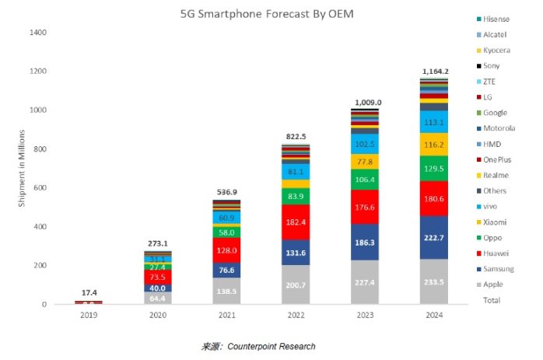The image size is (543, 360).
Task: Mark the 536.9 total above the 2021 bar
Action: click(226, 192)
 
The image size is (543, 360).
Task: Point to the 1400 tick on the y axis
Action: click(38, 33)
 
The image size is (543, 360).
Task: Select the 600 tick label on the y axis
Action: click(40, 188)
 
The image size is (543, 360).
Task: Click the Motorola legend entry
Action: click(500, 128)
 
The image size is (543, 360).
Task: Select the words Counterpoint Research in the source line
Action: click(271, 346)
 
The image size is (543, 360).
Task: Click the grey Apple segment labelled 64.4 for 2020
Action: click(159, 298)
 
